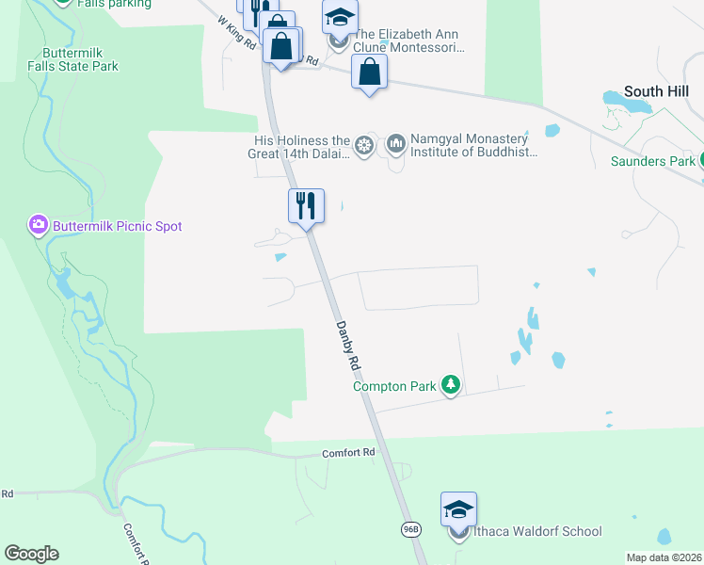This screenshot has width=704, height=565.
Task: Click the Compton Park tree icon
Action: point(451,386)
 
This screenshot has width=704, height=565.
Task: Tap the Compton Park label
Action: point(394,386)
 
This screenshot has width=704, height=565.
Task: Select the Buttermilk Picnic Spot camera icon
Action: point(38,225)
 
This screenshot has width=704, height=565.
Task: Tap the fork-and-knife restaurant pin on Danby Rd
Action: point(306,205)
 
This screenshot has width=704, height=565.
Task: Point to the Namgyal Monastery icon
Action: point(395,144)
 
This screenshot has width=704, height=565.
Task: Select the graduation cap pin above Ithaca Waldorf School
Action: point(458,509)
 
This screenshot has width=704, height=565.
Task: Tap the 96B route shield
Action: point(410,529)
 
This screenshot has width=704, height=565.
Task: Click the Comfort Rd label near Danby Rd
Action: point(348,453)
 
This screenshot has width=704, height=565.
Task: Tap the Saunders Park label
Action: point(652,161)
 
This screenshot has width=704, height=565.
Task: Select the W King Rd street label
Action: point(236,31)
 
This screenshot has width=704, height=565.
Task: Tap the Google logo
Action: point(31,554)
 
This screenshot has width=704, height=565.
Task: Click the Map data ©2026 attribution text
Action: point(664,557)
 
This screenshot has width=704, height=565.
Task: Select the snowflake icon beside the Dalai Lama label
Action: point(364,145)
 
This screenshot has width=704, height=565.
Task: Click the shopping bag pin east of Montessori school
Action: point(370,72)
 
